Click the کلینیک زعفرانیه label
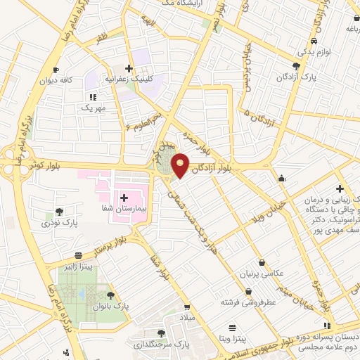[x=129, y=80]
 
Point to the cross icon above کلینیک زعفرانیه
[x=128, y=68]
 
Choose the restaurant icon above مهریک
[x=92, y=97]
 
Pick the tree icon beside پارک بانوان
[x=111, y=296]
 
